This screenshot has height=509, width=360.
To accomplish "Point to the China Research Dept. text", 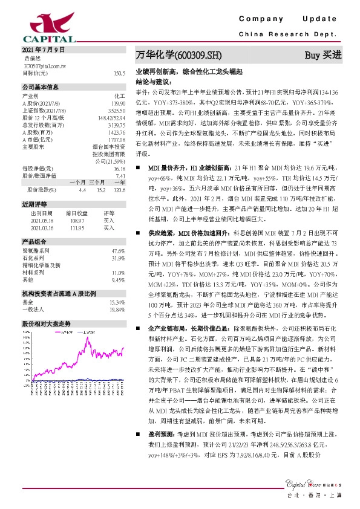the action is (291, 35).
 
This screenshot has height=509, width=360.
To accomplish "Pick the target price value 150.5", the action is (119, 73).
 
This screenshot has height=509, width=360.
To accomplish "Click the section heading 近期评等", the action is (31, 205).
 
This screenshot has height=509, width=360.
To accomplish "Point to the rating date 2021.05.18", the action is (42, 221).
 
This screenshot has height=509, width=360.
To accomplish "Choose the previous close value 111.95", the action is (78, 228).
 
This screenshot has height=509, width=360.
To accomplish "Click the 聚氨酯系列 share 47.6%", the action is (118, 250).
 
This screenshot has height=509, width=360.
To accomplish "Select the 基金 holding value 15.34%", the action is (117, 302).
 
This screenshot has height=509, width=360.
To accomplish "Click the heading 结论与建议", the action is (154, 80).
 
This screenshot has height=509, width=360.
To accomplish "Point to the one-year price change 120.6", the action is (119, 190).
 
